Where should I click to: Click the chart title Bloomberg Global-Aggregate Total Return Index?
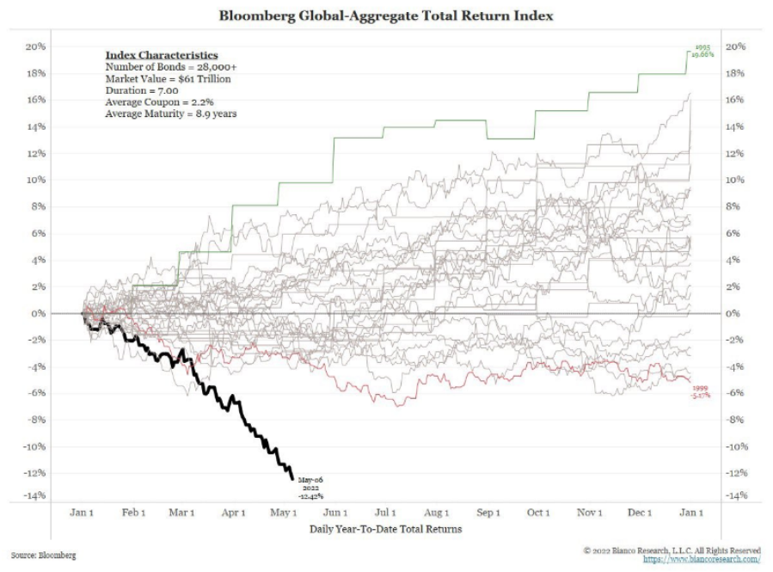pyautogui.click(x=386, y=15)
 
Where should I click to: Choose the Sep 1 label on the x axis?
pyautogui.click(x=488, y=513)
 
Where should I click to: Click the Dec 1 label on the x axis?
pyautogui.click(x=641, y=513)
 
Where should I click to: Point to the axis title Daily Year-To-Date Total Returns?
pyautogui.click(x=385, y=529)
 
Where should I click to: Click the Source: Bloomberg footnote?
pyautogui.click(x=44, y=556)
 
